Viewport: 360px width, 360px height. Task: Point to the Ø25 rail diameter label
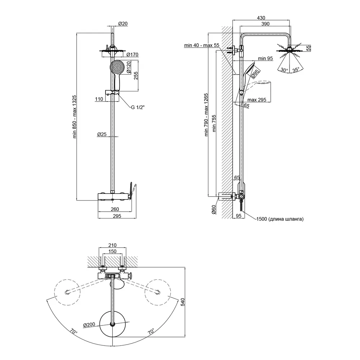[102, 134]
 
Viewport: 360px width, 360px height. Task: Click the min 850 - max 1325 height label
[75, 117]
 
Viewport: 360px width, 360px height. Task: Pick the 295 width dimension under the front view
[117, 216]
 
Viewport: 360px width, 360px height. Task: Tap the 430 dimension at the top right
[261, 17]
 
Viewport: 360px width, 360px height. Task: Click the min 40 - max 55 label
[202, 45]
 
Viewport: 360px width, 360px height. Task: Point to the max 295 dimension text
[257, 100]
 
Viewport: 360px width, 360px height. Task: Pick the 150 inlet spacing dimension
[112, 252]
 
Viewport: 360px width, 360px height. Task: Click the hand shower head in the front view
[117, 67]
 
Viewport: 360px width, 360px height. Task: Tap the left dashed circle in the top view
[66, 292]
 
